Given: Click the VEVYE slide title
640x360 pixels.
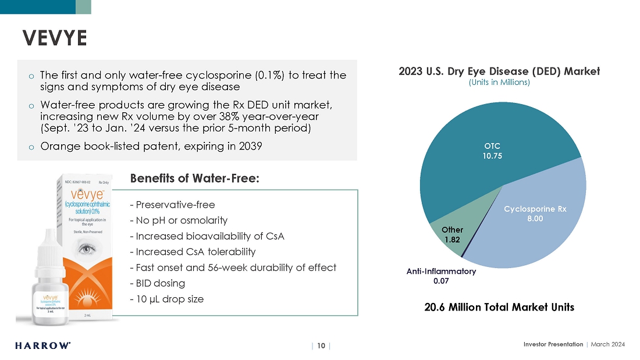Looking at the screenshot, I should click(x=55, y=38).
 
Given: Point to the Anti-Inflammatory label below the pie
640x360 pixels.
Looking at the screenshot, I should click(x=441, y=272).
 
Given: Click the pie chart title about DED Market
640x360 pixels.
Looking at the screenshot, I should click(x=499, y=71).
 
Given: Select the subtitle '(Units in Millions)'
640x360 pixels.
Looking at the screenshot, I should click(x=499, y=83).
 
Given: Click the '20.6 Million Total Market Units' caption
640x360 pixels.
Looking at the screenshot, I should click(x=499, y=307).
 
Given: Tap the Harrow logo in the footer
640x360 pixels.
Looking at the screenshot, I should click(x=43, y=345).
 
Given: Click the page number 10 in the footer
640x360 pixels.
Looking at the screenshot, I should click(x=321, y=345).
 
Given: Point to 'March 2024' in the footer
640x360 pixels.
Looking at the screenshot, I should click(x=608, y=344).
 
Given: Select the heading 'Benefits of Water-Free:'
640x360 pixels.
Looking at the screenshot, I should click(x=195, y=179).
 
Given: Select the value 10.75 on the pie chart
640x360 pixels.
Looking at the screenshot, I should click(x=492, y=156).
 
